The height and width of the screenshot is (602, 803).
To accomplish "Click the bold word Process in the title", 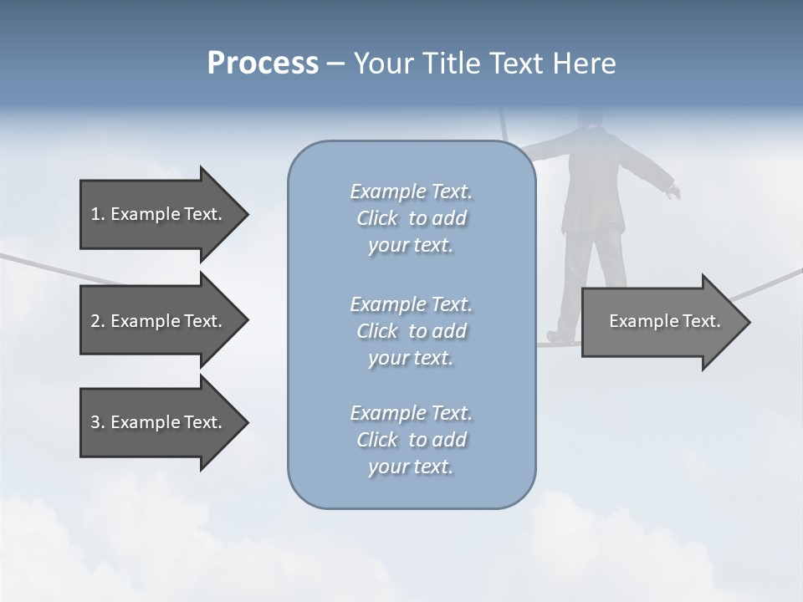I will (x=263, y=64).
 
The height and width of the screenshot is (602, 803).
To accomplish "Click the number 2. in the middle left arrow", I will (x=97, y=321).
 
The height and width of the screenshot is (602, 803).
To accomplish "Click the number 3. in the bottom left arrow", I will (x=97, y=422).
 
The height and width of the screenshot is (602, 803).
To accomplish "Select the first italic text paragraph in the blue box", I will (x=411, y=218).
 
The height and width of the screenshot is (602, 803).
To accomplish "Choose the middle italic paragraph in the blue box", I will (x=411, y=331).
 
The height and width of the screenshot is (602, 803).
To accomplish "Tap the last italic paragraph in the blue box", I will (x=411, y=440).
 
